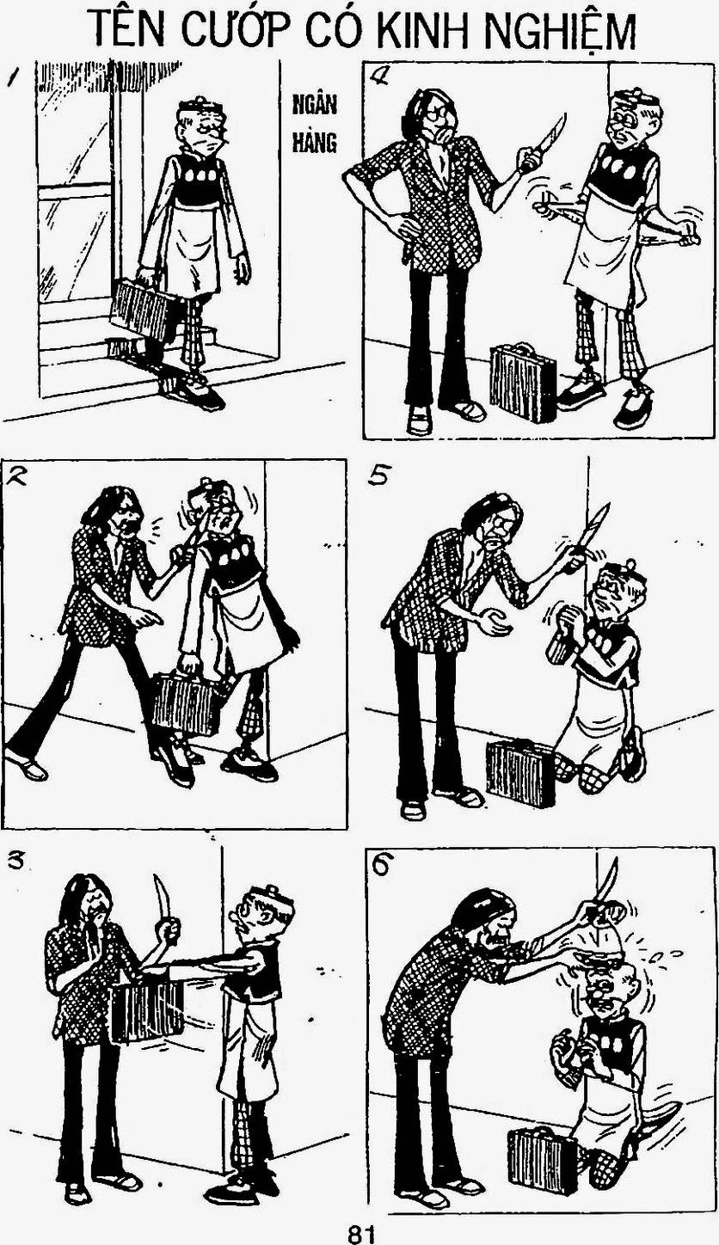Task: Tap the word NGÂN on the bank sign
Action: coord(315,104)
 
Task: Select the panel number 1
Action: coord(13,77)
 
